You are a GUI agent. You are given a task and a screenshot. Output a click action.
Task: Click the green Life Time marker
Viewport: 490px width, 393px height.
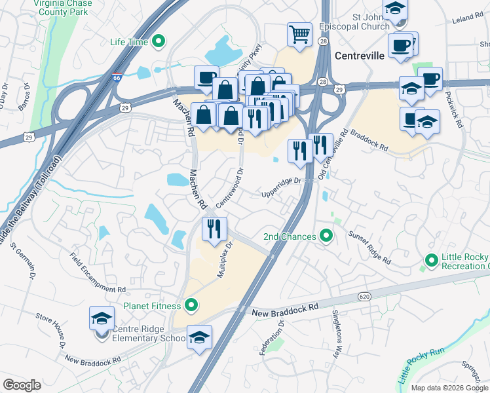point(158,43)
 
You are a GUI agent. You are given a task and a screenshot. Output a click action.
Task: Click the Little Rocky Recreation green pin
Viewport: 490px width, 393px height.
point(431,261)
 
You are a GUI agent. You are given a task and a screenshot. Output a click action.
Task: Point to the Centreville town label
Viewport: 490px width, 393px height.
point(359,56)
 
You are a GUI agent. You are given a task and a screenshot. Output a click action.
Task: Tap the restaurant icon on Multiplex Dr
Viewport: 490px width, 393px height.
point(214,229)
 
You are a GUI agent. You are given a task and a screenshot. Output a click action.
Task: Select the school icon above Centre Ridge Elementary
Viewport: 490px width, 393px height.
point(102,318)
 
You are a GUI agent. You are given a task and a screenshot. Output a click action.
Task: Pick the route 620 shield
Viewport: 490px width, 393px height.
point(365,297)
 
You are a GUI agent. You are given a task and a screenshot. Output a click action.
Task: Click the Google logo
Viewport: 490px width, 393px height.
point(22,385)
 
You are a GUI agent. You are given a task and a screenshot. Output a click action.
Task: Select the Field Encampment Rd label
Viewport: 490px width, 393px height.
point(98,274)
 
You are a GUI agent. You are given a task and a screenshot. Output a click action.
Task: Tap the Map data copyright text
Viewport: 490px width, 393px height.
point(449,388)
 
